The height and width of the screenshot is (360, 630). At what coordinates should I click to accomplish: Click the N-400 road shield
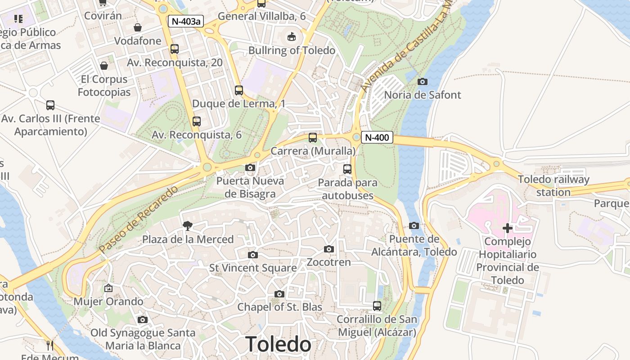pyautogui.click(x=377, y=138)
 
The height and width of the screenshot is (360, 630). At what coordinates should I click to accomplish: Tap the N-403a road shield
pyautogui.click(x=185, y=21)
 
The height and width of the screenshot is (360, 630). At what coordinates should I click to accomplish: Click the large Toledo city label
pyautogui.click(x=278, y=344)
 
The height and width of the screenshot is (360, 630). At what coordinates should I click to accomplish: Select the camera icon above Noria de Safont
pyautogui.click(x=422, y=81)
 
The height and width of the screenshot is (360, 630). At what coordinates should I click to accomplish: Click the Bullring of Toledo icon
pyautogui.click(x=292, y=36)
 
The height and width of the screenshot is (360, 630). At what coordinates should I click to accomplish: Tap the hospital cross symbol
pyautogui.click(x=507, y=228)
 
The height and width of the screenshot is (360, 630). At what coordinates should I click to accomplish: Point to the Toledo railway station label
pyautogui.click(x=553, y=186)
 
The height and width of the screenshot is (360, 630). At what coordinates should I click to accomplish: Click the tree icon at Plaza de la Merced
pyautogui.click(x=187, y=225)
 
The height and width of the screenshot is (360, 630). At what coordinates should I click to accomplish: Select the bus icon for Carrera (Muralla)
pyautogui.click(x=312, y=138)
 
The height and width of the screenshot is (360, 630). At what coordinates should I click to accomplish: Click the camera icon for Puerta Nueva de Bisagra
pyautogui.click(x=250, y=168)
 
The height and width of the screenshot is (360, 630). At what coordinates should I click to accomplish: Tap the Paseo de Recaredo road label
pyautogui.click(x=139, y=219)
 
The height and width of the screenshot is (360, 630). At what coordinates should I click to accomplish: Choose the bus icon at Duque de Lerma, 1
pyautogui.click(x=238, y=90)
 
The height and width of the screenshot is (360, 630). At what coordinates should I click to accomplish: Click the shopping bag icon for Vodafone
pyautogui.click(x=138, y=27)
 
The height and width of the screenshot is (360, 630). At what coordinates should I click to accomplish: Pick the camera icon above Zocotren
pyautogui.click(x=329, y=249)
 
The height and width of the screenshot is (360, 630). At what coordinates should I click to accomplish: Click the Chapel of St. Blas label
pyautogui.click(x=279, y=307)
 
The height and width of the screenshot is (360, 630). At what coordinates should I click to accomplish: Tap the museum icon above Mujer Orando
pyautogui.click(x=108, y=288)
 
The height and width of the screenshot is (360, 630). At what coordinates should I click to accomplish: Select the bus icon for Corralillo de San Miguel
pyautogui.click(x=377, y=306)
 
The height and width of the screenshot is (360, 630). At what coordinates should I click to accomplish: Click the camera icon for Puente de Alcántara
pyautogui.click(x=414, y=225)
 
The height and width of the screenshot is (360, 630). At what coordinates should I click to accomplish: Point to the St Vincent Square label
pyautogui.click(x=253, y=268)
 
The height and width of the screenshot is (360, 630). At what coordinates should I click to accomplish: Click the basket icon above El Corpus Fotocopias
pyautogui.click(x=104, y=66)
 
